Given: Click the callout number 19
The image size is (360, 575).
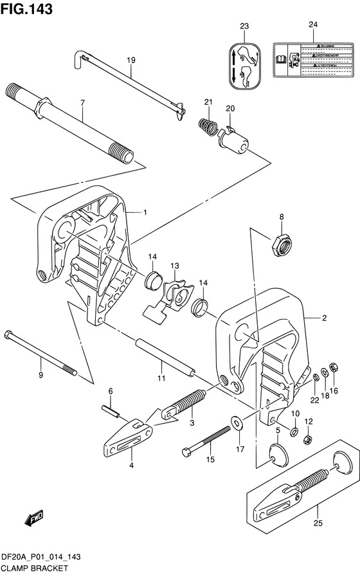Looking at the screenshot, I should point(130,60).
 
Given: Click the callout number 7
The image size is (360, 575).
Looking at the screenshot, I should point(82,102).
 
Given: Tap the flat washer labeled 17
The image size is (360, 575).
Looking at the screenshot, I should point(239,422).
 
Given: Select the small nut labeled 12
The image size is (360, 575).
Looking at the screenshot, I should point(307,440).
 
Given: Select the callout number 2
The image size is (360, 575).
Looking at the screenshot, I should point(324,318).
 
